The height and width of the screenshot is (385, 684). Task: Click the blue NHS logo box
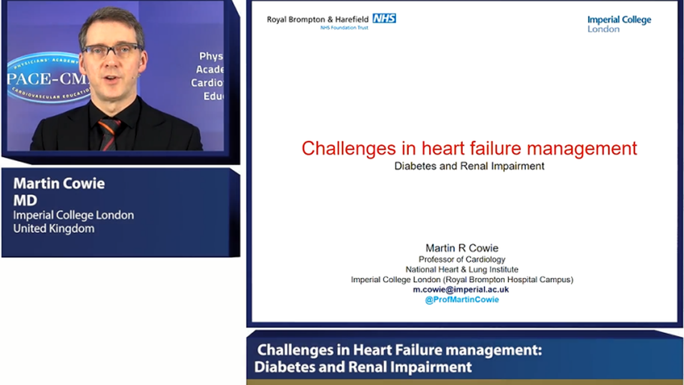pyautogui.click(x=384, y=19)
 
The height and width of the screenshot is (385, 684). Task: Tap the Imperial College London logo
pyautogui.click(x=618, y=24)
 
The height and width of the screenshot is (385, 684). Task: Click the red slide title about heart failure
pyautogui.click(x=469, y=148)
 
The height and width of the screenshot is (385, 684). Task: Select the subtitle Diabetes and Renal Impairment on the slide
pyautogui.click(x=469, y=166)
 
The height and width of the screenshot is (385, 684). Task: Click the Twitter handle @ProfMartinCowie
pyautogui.click(x=462, y=300)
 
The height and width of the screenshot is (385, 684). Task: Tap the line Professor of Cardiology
pyautogui.click(x=462, y=259)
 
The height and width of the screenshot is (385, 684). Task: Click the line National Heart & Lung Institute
pyautogui.click(x=462, y=269)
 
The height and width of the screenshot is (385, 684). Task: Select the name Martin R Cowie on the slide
pyautogui.click(x=462, y=248)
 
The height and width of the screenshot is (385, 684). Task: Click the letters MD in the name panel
pyautogui.click(x=25, y=200)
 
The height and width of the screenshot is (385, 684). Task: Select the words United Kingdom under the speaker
pyautogui.click(x=53, y=229)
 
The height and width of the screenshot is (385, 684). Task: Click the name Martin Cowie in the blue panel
pyautogui.click(x=59, y=184)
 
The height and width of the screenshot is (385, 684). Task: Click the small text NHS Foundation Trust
pyautogui.click(x=344, y=28)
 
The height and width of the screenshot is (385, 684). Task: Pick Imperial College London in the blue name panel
pyautogui.click(x=73, y=215)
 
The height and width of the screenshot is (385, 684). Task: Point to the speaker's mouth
pyautogui.click(x=112, y=76)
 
